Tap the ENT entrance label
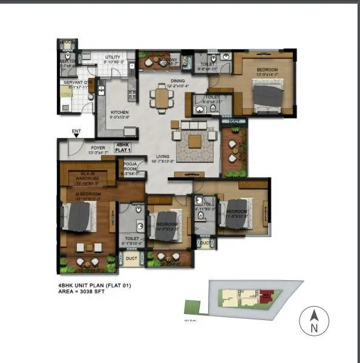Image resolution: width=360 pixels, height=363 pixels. coord(76,130)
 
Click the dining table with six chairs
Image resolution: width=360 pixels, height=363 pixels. coord(160,97)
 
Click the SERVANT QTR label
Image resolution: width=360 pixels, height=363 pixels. coord(78,84)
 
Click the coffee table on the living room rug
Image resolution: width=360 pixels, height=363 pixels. coord(194,141)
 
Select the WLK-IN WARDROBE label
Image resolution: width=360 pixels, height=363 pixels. coord(90,178)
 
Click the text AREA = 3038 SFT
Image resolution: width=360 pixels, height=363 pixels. coord(90,291)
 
